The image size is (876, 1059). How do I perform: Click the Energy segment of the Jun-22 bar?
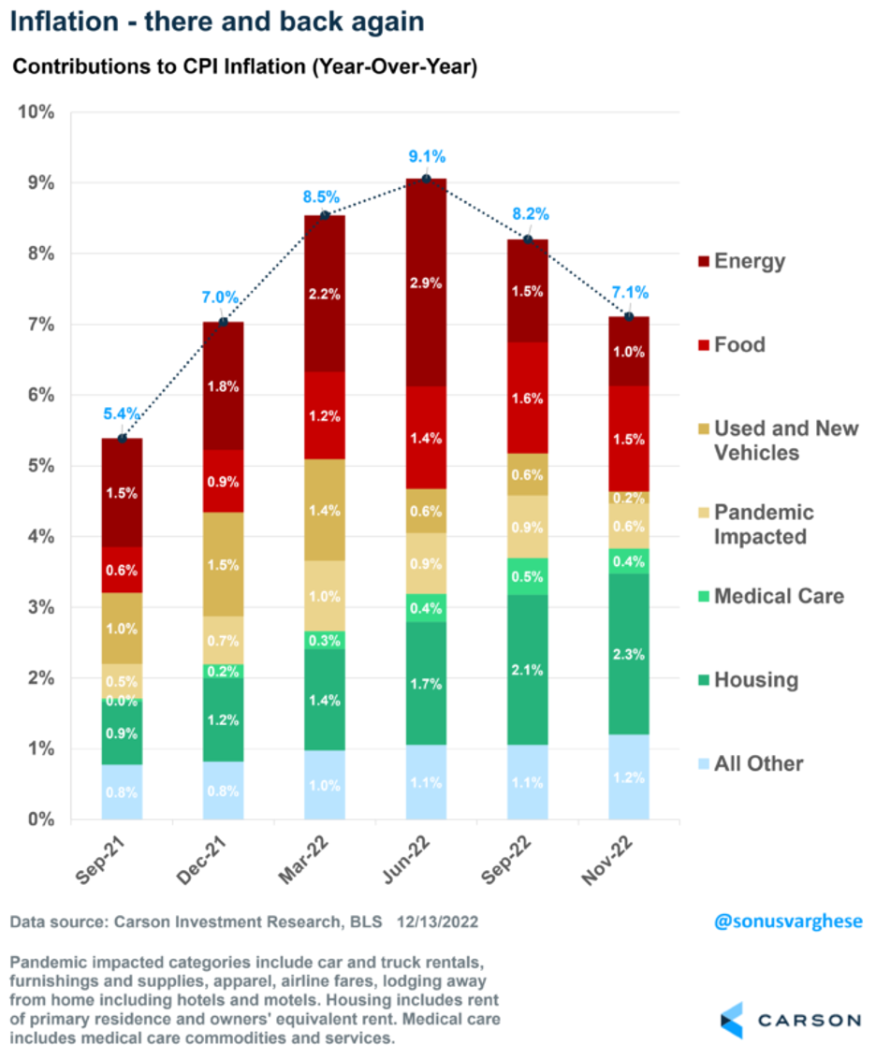point(426,281)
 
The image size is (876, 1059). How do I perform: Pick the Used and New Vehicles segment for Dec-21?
point(223,564)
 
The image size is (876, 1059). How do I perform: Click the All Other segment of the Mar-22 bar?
point(325,785)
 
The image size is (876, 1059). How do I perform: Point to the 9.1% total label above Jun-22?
point(426,157)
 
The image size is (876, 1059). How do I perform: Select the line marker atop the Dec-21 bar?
point(223,322)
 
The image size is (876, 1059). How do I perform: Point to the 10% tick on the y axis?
point(36,112)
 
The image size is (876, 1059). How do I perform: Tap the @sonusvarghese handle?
point(788,921)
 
